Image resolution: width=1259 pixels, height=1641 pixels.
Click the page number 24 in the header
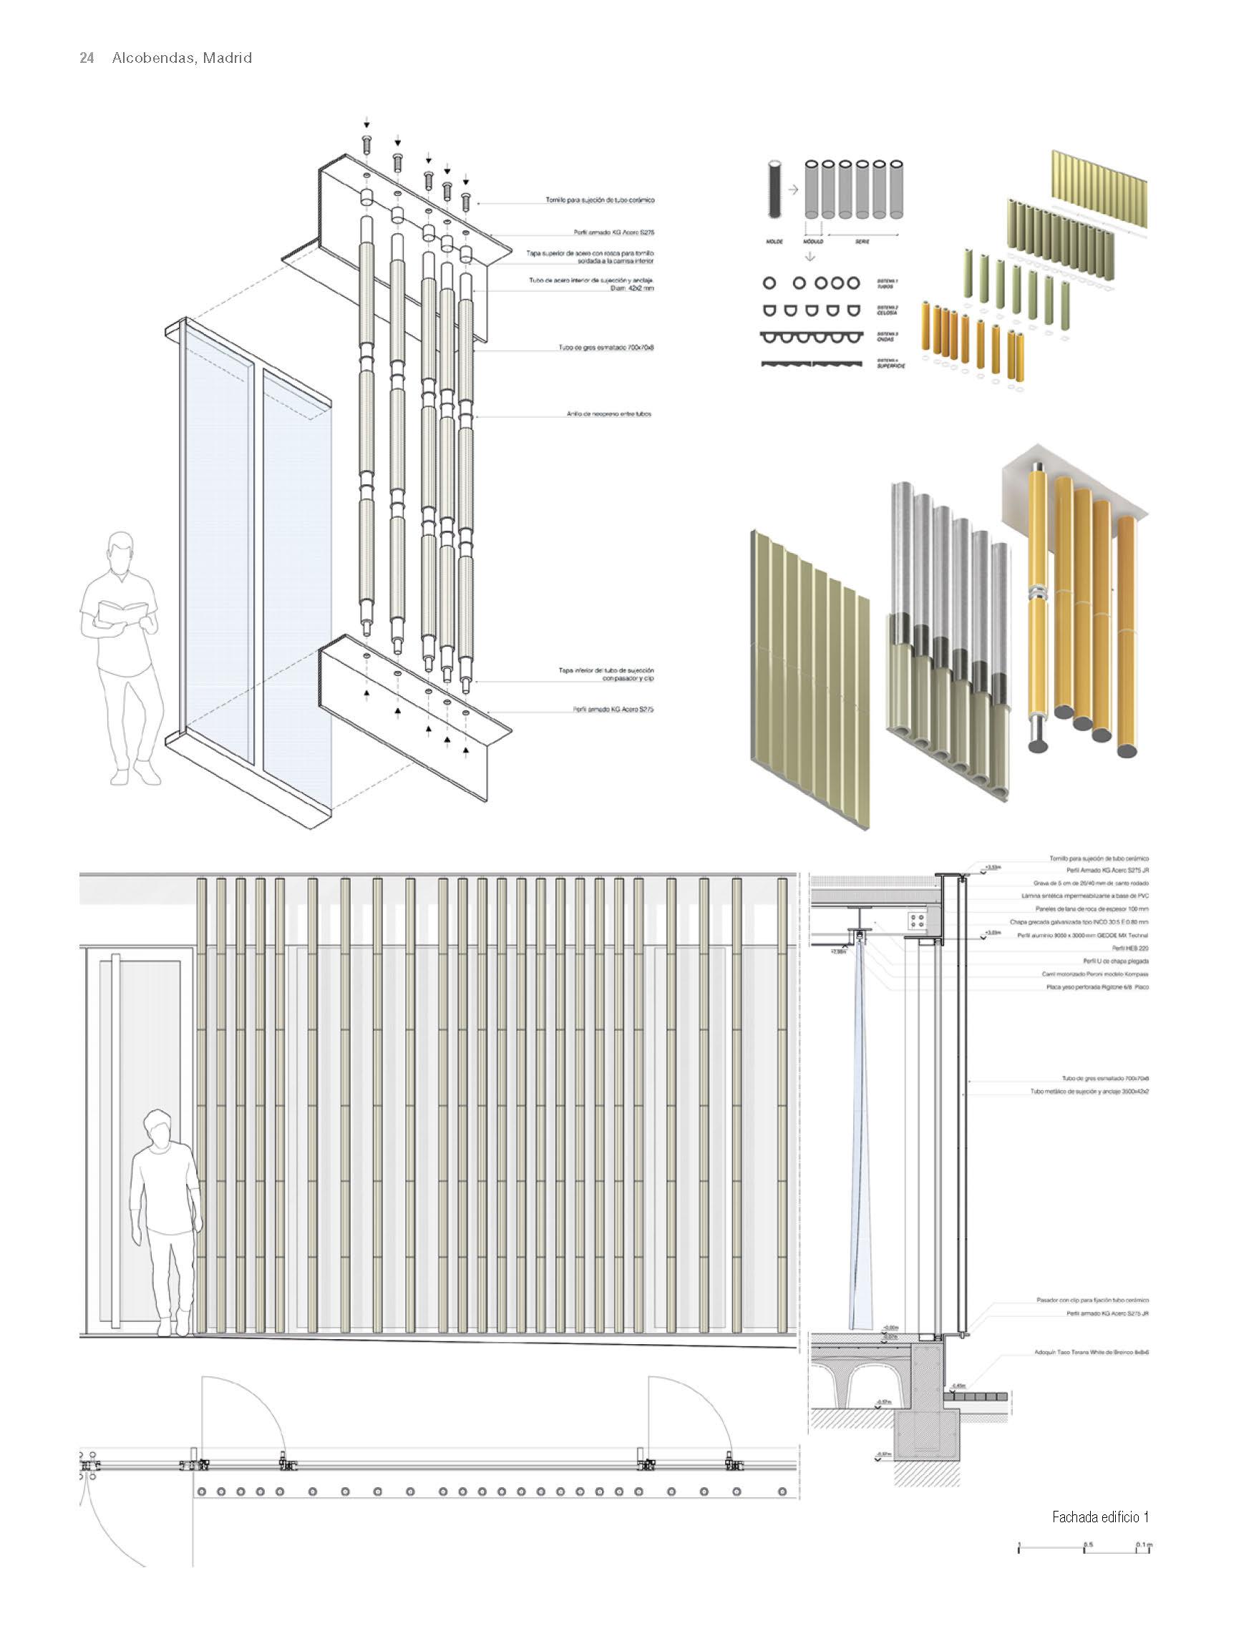(x=87, y=59)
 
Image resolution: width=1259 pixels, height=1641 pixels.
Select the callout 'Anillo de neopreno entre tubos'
(x=608, y=413)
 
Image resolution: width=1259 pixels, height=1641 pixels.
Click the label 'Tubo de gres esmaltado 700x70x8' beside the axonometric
(x=606, y=348)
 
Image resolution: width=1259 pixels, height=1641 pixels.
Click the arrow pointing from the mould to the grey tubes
(x=793, y=191)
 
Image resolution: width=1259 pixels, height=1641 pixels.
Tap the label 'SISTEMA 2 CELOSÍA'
(x=888, y=310)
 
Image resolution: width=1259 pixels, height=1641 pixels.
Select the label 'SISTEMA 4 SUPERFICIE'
(x=890, y=364)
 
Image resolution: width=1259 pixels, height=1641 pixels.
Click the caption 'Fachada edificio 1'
(x=1100, y=1518)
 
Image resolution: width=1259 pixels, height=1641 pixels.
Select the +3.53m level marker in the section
(x=992, y=867)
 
